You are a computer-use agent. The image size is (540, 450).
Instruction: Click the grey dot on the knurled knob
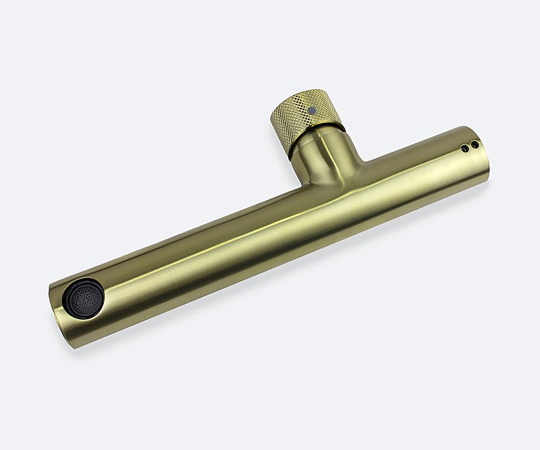click(313, 109)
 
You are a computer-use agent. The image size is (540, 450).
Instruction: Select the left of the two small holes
click(464, 148)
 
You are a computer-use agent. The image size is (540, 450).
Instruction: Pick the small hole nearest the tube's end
click(475, 144)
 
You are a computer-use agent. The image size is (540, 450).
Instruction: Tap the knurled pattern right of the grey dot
click(327, 112)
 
